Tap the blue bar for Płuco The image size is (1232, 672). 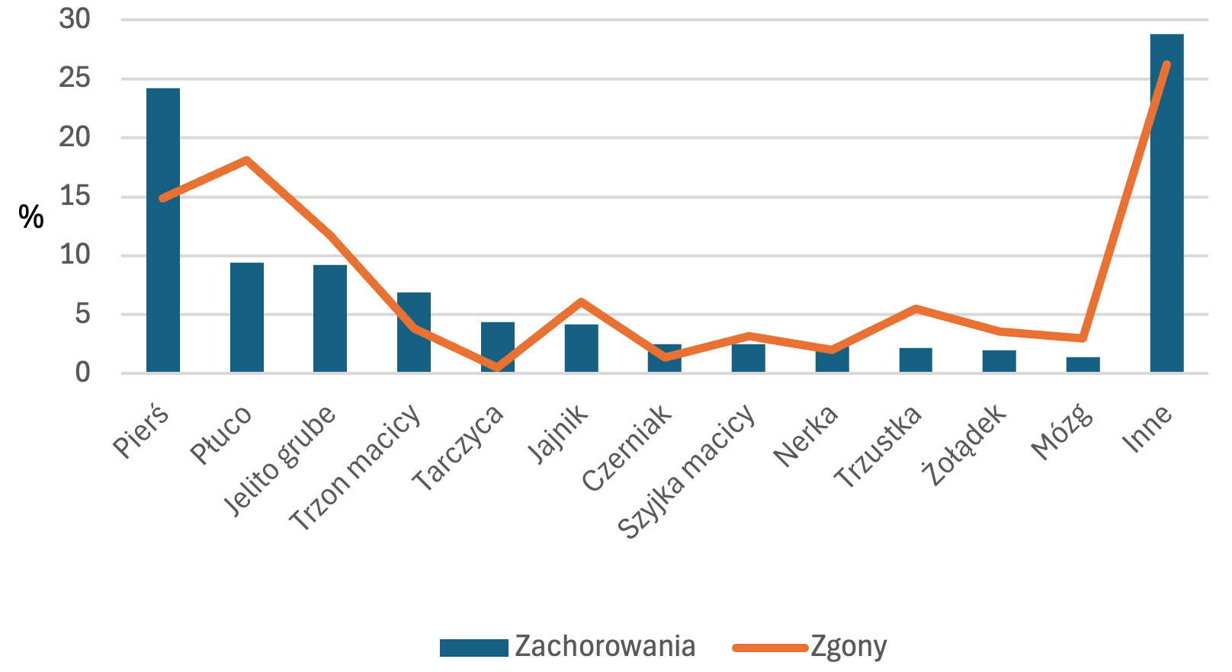click(247, 317)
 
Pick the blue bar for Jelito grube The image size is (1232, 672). click(330, 318)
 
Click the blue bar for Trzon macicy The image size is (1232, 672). click(414, 332)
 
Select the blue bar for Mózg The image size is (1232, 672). click(1083, 365)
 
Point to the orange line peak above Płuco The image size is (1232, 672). click(247, 160)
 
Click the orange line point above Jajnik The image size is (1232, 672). click(581, 302)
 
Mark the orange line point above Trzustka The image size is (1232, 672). click(916, 309)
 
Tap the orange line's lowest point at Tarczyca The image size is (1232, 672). click(498, 367)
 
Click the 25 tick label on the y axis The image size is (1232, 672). click(75, 78)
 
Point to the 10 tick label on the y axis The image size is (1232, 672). click(75, 255)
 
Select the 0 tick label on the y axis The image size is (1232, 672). click(82, 373)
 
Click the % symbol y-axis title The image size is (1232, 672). click(31, 218)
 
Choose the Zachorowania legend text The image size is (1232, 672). click(605, 646)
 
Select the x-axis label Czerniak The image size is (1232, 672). click(627, 447)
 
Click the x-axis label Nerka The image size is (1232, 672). click(806, 436)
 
